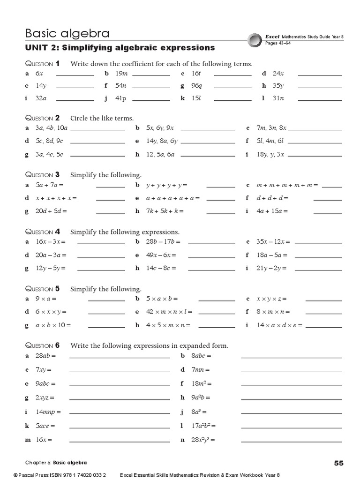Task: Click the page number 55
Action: click(339, 463)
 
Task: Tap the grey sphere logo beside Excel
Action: click(255, 39)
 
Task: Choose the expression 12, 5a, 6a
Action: click(160, 154)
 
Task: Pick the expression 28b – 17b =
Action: click(163, 242)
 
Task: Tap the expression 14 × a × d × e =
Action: click(279, 325)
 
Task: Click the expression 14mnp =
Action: click(48, 412)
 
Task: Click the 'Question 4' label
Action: click(42, 232)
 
